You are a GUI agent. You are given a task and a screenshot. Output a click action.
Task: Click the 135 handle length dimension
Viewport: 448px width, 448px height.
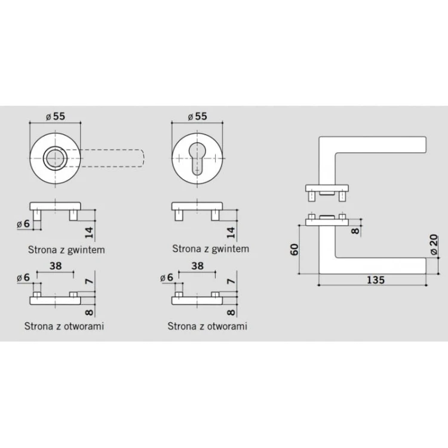(376, 280)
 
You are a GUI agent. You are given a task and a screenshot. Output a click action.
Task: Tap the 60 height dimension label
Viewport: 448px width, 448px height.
(294, 250)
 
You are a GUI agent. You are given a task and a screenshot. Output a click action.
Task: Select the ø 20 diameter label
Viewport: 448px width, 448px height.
(434, 244)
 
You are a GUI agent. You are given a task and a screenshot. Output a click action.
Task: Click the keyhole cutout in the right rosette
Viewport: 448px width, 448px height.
(197, 158)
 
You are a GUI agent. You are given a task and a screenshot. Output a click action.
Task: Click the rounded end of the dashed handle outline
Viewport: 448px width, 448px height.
(141, 158)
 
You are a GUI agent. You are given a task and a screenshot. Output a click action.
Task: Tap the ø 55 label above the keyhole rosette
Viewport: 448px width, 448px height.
(198, 116)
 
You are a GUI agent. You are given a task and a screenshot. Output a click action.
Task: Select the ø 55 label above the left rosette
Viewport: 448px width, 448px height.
(56, 116)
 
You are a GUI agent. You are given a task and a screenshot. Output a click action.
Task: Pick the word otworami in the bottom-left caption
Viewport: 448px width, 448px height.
(84, 326)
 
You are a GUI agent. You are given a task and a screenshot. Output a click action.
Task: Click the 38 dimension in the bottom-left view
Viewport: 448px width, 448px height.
(56, 266)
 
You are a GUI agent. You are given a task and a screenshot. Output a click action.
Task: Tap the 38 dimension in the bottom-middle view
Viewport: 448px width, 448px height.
(198, 266)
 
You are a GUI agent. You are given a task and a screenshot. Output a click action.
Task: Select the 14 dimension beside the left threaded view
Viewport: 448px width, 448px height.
(89, 232)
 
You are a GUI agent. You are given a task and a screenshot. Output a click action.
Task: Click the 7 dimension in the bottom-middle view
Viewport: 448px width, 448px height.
(231, 281)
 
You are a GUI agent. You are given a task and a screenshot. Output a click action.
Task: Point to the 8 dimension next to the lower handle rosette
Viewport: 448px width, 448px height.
(355, 231)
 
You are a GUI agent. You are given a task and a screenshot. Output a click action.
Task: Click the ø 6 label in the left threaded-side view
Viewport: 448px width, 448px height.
(23, 224)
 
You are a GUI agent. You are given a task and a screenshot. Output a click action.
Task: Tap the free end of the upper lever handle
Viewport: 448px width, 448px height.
(426, 145)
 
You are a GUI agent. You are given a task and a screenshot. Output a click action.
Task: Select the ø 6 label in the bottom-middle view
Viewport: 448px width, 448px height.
(167, 277)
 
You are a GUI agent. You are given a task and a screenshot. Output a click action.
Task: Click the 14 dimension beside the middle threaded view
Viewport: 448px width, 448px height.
(231, 232)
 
